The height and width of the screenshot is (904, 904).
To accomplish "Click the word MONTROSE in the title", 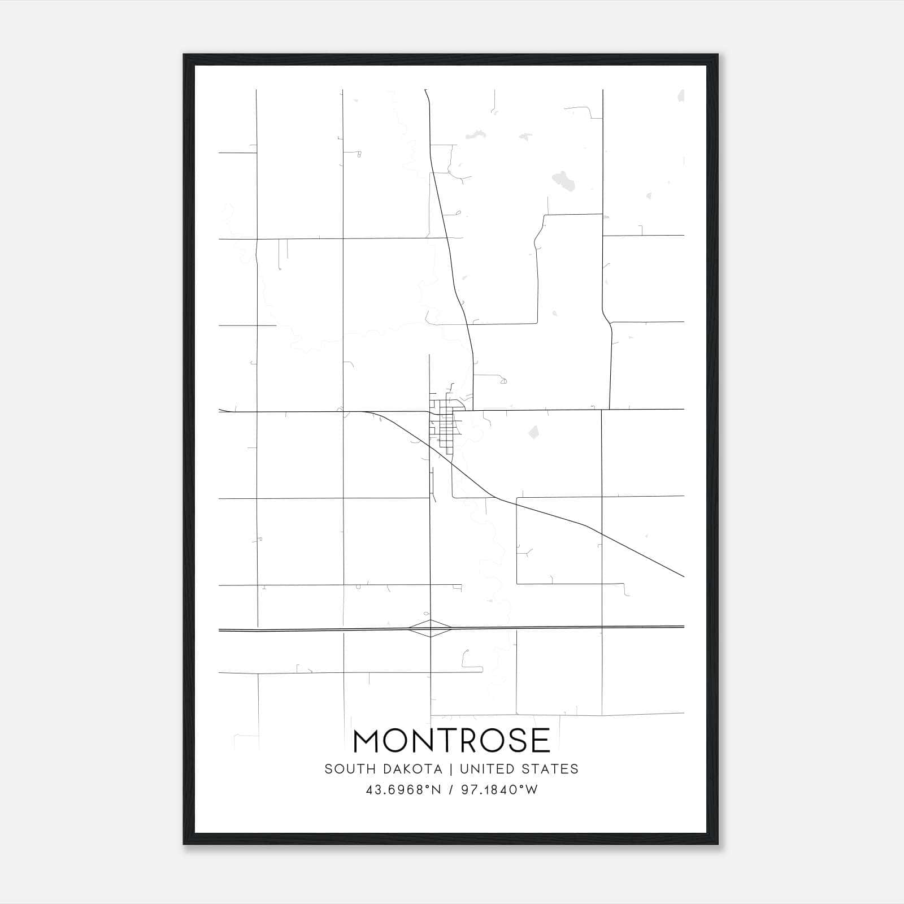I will pyautogui.click(x=451, y=741).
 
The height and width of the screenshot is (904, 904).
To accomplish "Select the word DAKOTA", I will pyautogui.click(x=412, y=769).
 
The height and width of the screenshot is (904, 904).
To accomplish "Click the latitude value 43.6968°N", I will pyautogui.click(x=403, y=790).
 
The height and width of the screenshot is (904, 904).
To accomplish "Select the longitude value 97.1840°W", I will pyautogui.click(x=499, y=790).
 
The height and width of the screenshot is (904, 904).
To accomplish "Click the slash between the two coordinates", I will pyautogui.click(x=451, y=790).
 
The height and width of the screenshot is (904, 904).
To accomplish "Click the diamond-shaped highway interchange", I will pyautogui.click(x=431, y=628).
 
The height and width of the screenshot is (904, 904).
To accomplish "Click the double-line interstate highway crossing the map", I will pyautogui.click(x=565, y=627).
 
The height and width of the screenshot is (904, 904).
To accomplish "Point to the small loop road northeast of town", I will pyautogui.click(x=503, y=381).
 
